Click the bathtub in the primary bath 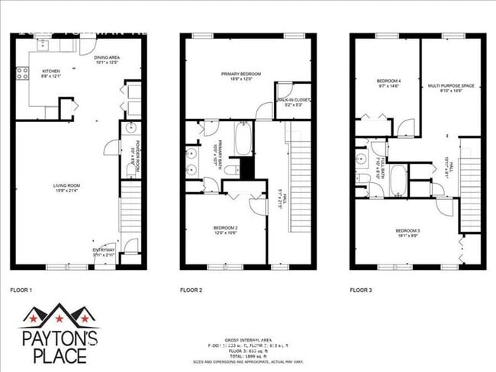[x=243, y=139]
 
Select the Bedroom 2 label [x=225, y=228]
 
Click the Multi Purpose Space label [x=451, y=86]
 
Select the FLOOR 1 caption [x=21, y=290]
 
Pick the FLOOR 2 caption [x=191, y=290]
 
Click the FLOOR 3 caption [x=361, y=290]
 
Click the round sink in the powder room [x=130, y=127]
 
